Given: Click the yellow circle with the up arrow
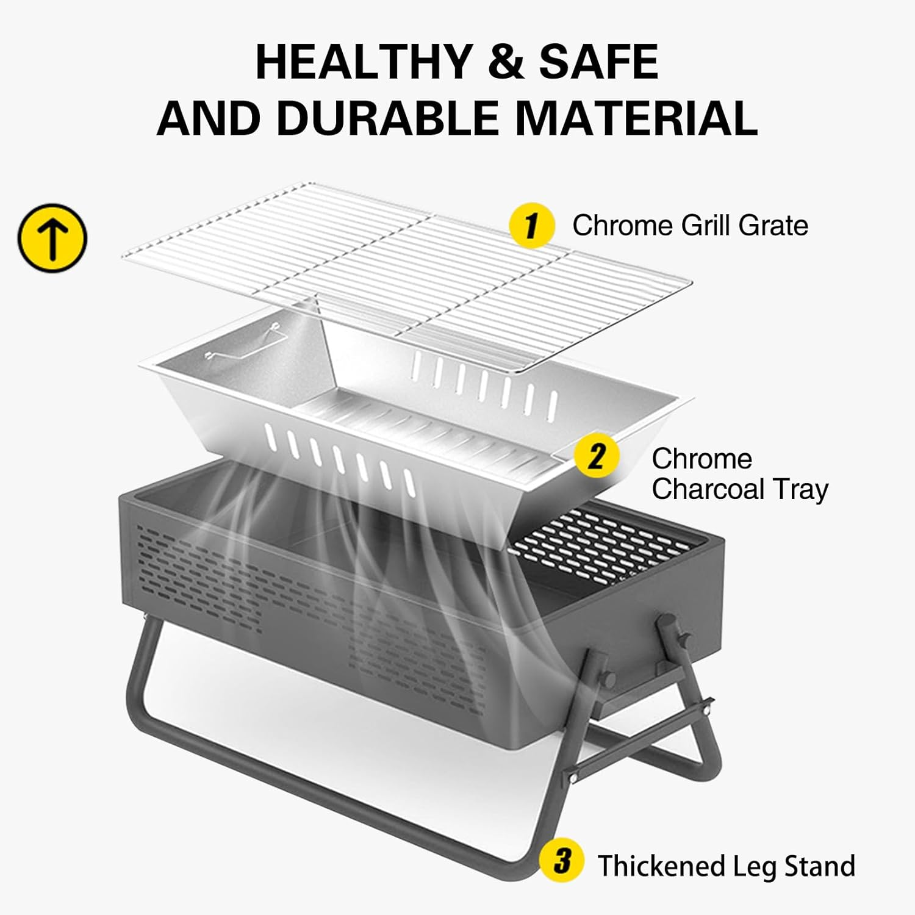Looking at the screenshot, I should pyautogui.click(x=52, y=238).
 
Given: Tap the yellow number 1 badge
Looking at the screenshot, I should pyautogui.click(x=532, y=226).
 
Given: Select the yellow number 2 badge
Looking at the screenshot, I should pyautogui.click(x=597, y=456).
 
